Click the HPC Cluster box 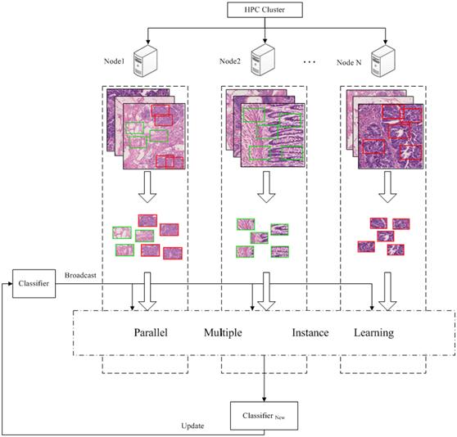click(265, 10)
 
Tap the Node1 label click(115, 61)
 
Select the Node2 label click(230, 61)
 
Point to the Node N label click(349, 62)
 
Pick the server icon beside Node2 click(263, 61)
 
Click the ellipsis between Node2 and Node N click(310, 62)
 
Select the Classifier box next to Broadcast click(34, 284)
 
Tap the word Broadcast click(80, 275)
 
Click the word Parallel click(151, 332)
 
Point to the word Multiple click(223, 332)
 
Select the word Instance click(310, 332)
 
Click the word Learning click(374, 333)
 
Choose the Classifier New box click(264, 416)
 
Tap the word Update click(192, 426)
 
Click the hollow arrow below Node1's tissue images click(147, 187)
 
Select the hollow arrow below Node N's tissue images click(387, 187)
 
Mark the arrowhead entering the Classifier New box click(264, 399)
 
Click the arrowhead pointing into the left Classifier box click(10, 284)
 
